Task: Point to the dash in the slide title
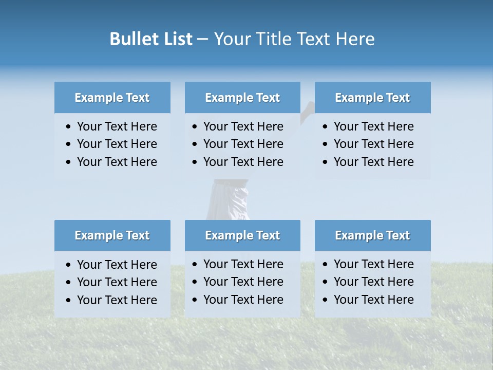tap(202, 40)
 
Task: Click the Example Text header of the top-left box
tap(112, 98)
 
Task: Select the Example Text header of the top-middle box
tap(242, 98)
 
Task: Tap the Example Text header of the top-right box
tap(372, 98)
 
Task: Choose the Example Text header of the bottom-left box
tap(112, 235)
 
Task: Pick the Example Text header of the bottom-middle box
tap(242, 235)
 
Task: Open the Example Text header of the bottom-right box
tap(372, 235)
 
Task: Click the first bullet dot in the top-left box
tap(69, 127)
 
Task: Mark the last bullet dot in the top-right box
tap(325, 162)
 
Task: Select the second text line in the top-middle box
tap(243, 144)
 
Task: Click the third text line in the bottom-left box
tap(117, 300)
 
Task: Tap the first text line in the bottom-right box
tap(373, 264)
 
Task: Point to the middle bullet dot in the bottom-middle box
tap(195, 282)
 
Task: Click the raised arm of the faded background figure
tap(307, 109)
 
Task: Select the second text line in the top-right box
tap(373, 144)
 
